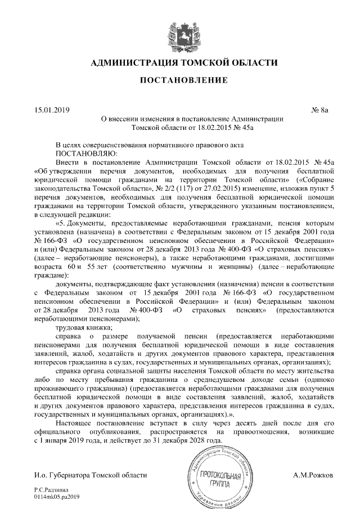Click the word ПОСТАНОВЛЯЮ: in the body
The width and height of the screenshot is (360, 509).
click(x=85, y=153)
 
